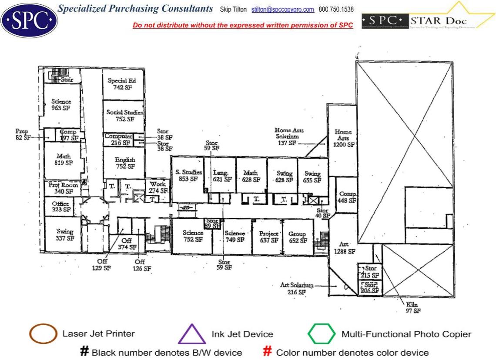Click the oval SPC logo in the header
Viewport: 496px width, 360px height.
pos(29,20)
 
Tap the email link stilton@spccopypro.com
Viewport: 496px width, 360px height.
pos(283,9)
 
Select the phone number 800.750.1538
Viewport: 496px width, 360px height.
pos(336,9)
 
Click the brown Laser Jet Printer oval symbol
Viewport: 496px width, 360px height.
pos(43,334)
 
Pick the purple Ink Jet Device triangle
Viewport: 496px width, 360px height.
pos(192,334)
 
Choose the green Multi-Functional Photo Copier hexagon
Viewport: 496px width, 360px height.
pos(322,334)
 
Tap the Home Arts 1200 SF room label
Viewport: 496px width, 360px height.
pos(343,138)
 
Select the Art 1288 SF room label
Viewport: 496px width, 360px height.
pos(345,248)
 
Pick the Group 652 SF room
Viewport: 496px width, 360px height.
pos(298,237)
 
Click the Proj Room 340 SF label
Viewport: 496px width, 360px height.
pos(64,188)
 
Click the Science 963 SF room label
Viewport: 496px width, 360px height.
pos(61,105)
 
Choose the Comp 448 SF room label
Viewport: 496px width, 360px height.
pos(347,197)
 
